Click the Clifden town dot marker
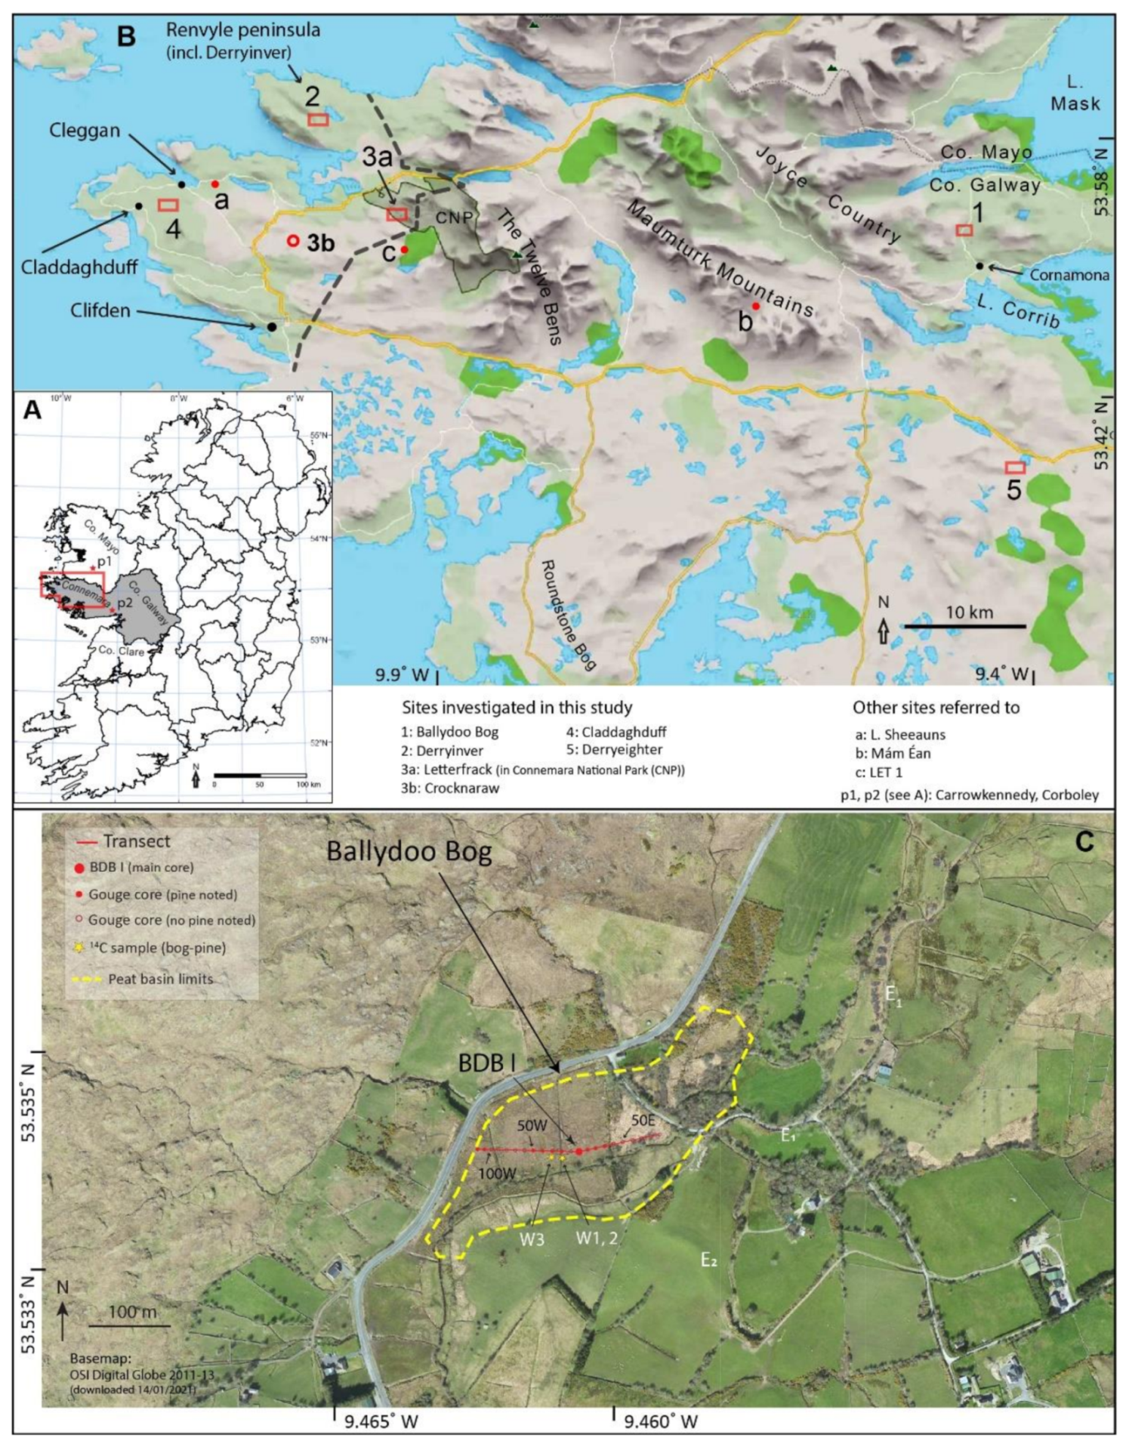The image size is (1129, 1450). point(270,326)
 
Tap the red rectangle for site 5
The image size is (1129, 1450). point(1015,467)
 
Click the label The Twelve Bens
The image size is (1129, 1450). point(531,277)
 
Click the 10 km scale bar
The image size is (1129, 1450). point(965,625)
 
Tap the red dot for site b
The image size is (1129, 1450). point(756,306)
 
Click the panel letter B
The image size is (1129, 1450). point(127,36)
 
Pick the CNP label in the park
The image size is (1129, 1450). point(455,217)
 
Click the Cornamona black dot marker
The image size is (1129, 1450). point(979,266)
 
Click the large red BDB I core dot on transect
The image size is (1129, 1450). point(578,1151)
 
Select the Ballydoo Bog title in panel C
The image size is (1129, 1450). point(409,852)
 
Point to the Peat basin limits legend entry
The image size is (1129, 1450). point(160,979)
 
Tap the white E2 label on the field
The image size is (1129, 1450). point(708,1259)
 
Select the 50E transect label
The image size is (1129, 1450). point(643,1121)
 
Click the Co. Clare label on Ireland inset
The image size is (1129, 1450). point(121,649)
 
